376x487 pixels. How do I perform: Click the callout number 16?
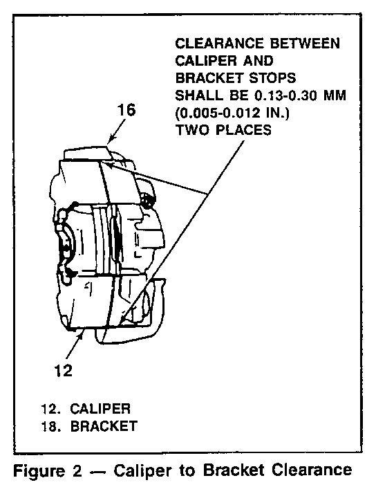pyautogui.click(x=126, y=110)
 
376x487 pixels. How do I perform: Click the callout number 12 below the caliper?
pyautogui.click(x=64, y=370)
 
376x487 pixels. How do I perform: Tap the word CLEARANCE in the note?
pyautogui.click(x=220, y=43)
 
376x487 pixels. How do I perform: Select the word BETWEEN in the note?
pyautogui.click(x=305, y=43)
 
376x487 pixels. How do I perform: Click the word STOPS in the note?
pyautogui.click(x=273, y=78)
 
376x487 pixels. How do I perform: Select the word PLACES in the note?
pyautogui.click(x=243, y=130)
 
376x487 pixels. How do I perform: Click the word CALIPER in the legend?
pyautogui.click(x=100, y=409)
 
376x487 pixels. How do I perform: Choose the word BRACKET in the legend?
pyautogui.click(x=104, y=426)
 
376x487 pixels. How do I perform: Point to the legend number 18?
pyautogui.click(x=51, y=426)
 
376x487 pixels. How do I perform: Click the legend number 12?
pyautogui.click(x=51, y=409)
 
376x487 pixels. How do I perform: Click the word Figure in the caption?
pyautogui.click(x=39, y=470)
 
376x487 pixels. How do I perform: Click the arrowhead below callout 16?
pyautogui.click(x=110, y=140)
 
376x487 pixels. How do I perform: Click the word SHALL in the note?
pyautogui.click(x=199, y=95)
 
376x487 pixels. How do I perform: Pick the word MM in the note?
pyautogui.click(x=335, y=95)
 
